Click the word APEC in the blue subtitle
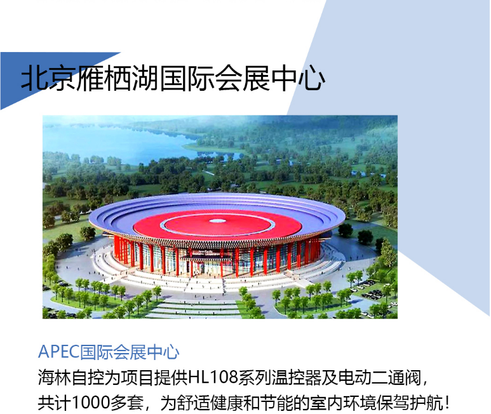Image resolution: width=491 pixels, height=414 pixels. coord(58,352)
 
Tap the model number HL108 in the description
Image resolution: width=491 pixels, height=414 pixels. coord(213,377)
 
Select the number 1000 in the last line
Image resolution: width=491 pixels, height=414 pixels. coord(91,403)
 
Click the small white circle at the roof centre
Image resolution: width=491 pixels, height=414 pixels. coord(217,221)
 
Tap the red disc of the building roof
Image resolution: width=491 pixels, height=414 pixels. coord(217,225)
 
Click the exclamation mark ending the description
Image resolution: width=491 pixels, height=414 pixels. coord(447,403)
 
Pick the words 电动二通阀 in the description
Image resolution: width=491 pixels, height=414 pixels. coord(379,377)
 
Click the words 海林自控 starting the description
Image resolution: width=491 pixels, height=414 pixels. coord(71,377)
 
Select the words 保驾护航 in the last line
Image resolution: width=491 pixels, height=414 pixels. coord(409,403)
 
